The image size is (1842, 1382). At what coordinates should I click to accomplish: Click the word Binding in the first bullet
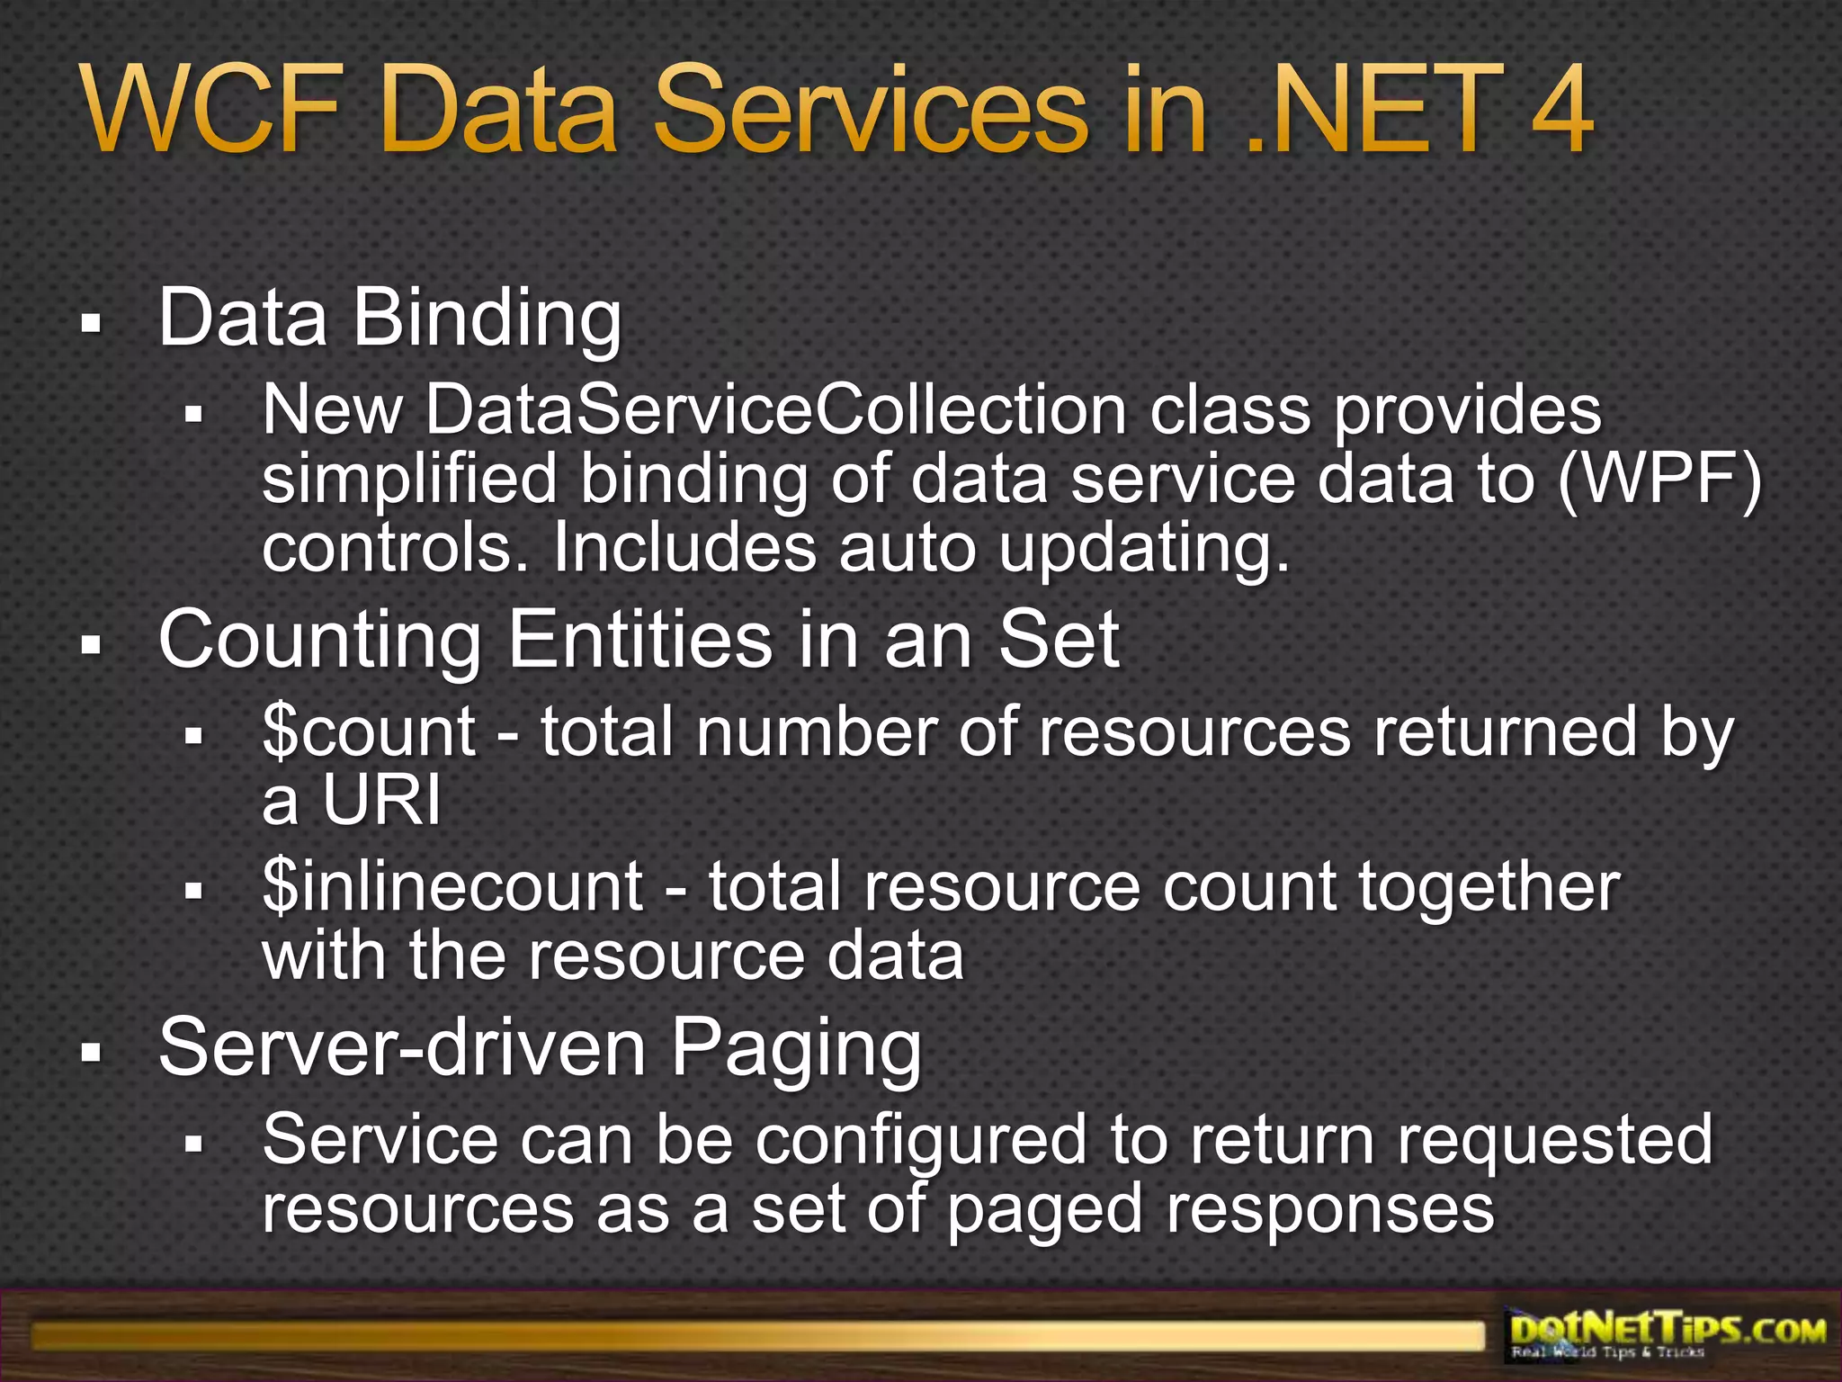pos(487,319)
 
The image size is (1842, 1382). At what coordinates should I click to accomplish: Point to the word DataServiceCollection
pos(775,411)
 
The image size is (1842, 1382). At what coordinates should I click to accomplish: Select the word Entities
pos(639,640)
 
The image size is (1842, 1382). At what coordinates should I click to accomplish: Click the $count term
pos(369,732)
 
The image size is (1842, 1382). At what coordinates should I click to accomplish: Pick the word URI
pos(381,800)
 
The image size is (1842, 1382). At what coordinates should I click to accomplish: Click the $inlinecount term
pos(452,887)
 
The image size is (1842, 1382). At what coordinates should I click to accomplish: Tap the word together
pos(1489,887)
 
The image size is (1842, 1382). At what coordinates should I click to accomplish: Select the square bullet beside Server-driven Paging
pos(91,1051)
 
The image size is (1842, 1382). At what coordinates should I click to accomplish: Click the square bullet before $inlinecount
pos(193,891)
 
